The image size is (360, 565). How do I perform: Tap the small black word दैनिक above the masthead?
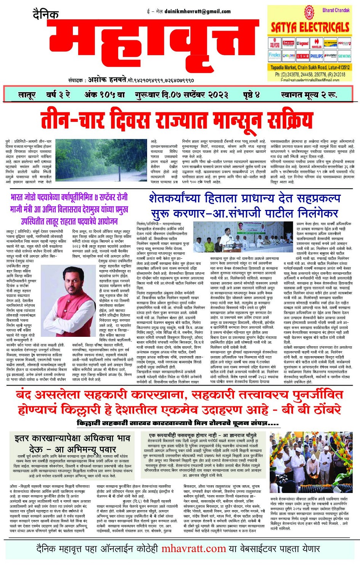click(x=45, y=15)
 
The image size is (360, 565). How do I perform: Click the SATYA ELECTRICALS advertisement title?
click(x=310, y=27)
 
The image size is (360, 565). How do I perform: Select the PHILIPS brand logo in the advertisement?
click(x=316, y=56)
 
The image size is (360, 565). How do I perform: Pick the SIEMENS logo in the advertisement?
click(x=344, y=56)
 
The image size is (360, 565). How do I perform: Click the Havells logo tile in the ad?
click(x=317, y=44)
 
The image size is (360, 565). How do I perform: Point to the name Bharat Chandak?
click(x=336, y=10)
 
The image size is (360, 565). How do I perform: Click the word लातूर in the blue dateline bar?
click(x=27, y=95)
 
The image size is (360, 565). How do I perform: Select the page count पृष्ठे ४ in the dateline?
click(x=251, y=95)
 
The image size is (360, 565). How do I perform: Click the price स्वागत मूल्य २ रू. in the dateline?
click(x=309, y=95)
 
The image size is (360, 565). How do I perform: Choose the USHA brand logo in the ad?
click(x=302, y=56)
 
